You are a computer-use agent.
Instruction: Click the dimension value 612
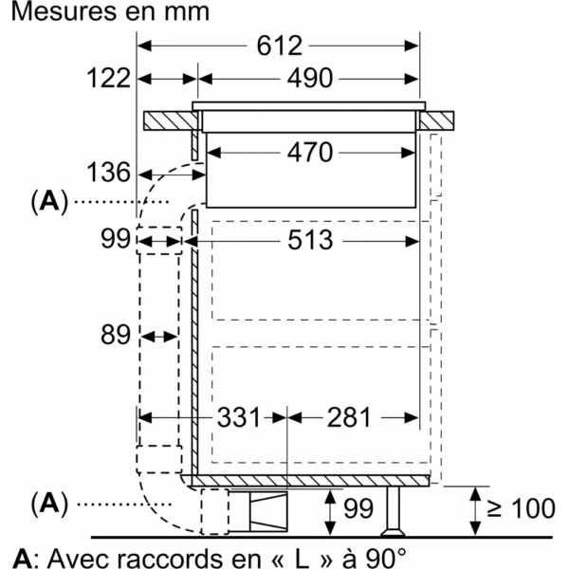click(x=279, y=46)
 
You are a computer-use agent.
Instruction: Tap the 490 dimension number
click(x=309, y=79)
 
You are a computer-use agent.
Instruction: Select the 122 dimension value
click(x=108, y=78)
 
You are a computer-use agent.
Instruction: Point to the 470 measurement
click(x=309, y=153)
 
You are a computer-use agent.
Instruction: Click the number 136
click(x=108, y=172)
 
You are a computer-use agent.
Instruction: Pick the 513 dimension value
click(x=310, y=240)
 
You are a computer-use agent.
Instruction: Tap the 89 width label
click(x=116, y=335)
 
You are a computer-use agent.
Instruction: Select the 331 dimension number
click(x=239, y=417)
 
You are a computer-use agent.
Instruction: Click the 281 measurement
click(x=349, y=417)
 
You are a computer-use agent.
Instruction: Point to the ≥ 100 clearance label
click(x=521, y=508)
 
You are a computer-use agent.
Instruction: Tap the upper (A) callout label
click(x=49, y=202)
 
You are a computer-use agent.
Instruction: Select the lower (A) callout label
click(x=49, y=505)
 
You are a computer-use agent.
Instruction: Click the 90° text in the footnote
click(x=385, y=558)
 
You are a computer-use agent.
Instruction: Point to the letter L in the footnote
click(x=303, y=558)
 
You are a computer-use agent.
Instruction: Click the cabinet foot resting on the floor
click(x=393, y=511)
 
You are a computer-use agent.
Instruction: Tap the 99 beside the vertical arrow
click(x=358, y=508)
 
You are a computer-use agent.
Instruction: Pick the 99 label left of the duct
click(x=116, y=239)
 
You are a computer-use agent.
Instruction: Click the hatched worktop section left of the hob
click(x=171, y=120)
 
